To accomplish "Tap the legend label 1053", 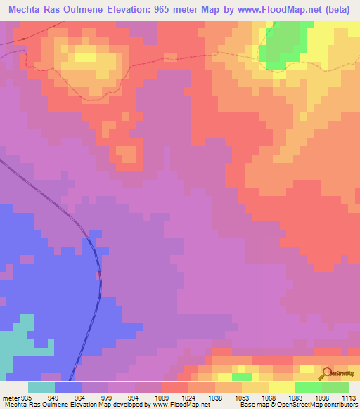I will [228, 397].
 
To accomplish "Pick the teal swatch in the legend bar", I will [41, 387].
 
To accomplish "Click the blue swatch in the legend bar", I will [68, 387].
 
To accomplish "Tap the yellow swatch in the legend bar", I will [282, 387].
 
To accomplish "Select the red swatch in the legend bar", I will [175, 387].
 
